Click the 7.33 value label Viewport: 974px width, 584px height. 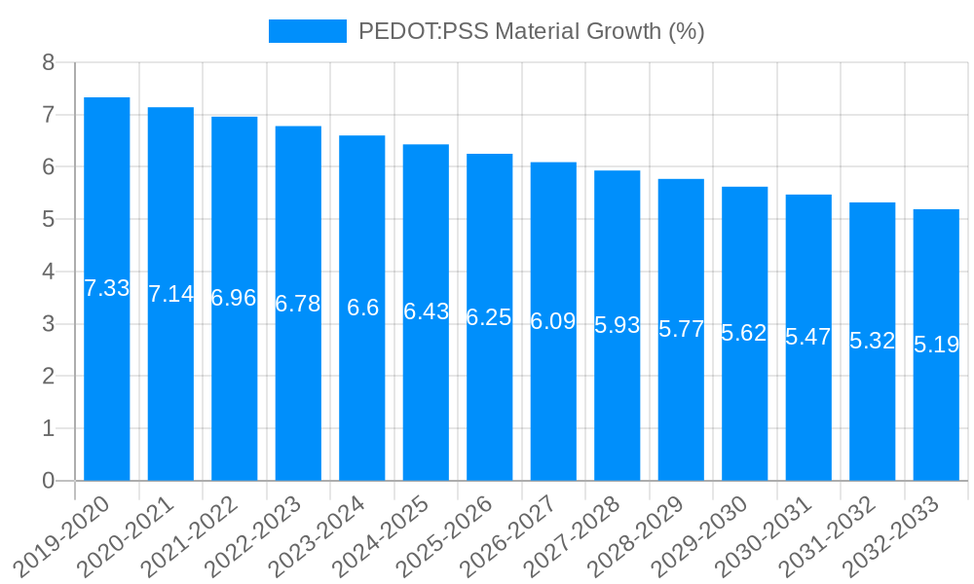(107, 288)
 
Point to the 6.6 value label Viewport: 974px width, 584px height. (362, 308)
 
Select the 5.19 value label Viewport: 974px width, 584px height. (936, 345)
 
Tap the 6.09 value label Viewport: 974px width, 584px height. (553, 321)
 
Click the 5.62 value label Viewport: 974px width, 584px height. (744, 333)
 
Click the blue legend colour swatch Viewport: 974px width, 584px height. (307, 31)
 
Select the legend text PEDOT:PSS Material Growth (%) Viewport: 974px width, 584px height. (531, 31)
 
